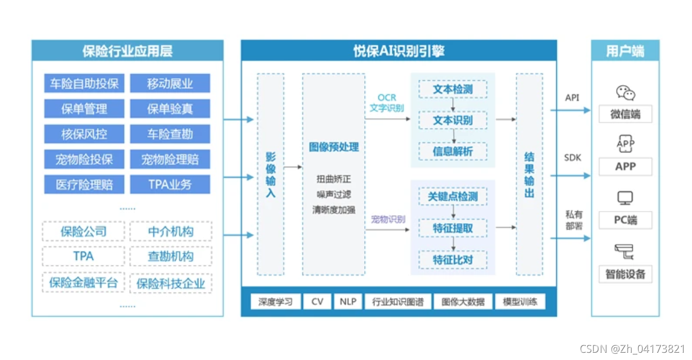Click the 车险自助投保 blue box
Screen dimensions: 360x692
pos(84,84)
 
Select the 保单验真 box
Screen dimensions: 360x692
pos(170,109)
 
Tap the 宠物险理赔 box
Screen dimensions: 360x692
pos(170,160)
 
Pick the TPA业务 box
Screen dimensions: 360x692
pos(170,184)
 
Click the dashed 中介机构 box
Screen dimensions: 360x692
pos(171,231)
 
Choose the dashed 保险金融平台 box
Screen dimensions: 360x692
pos(84,283)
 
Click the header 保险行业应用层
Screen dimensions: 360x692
pos(127,52)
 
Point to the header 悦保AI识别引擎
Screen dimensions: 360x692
pos(399,52)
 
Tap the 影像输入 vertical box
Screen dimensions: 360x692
pos(270,174)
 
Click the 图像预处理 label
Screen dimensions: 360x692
pos(334,147)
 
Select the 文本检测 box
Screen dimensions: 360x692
pos(453,89)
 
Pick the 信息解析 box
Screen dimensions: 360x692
pos(453,151)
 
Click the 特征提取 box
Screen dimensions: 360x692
pos(453,228)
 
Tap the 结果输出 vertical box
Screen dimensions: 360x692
pos(529,174)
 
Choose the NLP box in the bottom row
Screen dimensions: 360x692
pos(347,302)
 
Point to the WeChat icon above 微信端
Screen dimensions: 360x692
pos(626,93)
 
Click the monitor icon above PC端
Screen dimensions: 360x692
pos(626,198)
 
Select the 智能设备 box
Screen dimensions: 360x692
pos(626,274)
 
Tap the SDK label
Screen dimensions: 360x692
pos(572,158)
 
